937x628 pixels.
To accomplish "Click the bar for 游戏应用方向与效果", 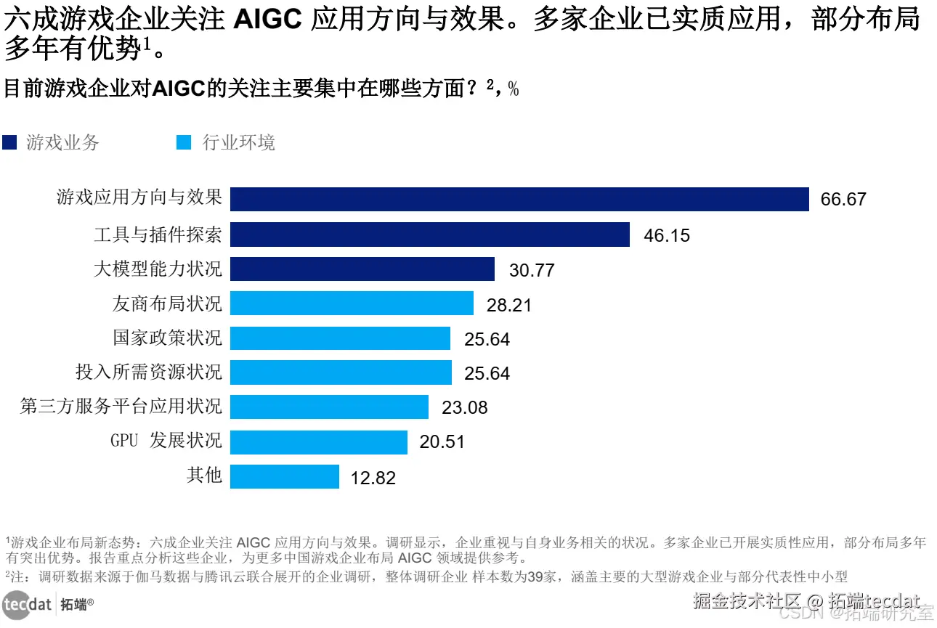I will point(519,199).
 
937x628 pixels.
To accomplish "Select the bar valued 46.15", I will point(430,235).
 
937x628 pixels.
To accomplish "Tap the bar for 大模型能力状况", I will point(362,269).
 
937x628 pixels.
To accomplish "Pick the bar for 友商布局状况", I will point(352,303).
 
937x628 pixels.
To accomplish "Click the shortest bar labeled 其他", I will point(285,477).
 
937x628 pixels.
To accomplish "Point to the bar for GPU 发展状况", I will point(319,441).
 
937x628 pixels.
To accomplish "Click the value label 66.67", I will point(843,200).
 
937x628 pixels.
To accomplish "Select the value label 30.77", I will point(532,271).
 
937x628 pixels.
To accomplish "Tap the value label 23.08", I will point(465,408).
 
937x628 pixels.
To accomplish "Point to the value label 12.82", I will point(373,478).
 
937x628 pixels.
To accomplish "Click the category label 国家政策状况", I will point(167,338).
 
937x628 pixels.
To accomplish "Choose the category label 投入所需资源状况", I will point(149,372).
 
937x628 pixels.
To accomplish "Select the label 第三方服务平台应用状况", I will point(121,406).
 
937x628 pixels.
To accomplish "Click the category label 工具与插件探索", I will point(158,235).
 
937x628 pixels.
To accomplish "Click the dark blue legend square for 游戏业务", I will point(9,142).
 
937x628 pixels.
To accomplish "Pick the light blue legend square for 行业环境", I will point(184,142).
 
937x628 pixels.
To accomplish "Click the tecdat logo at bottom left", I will point(27,605).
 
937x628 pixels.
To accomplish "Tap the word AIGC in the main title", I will point(268,20).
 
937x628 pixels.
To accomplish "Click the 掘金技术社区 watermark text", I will point(746,602).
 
